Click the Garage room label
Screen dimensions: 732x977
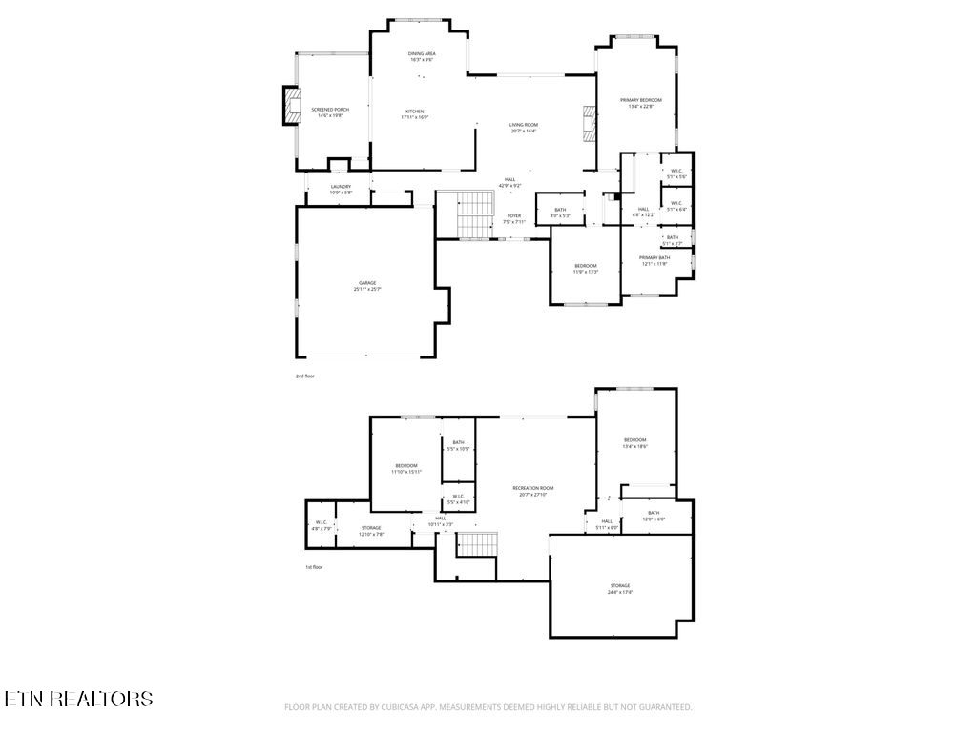point(367,285)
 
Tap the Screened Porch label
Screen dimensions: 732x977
point(330,112)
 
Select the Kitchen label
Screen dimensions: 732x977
point(415,114)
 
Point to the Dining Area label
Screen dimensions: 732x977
point(422,56)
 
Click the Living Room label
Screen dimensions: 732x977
point(523,128)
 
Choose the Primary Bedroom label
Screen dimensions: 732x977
point(640,103)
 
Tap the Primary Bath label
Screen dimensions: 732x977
point(655,260)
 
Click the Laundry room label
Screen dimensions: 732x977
point(341,189)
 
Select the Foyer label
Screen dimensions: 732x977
point(514,218)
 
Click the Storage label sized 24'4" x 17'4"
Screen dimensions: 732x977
point(620,588)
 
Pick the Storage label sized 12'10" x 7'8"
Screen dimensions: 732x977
point(371,530)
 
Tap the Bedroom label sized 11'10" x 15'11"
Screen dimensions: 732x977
point(406,468)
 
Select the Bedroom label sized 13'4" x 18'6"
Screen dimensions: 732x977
point(634,442)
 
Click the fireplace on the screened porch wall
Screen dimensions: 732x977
point(289,107)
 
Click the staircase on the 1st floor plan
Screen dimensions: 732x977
point(477,545)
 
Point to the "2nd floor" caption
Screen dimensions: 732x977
point(305,376)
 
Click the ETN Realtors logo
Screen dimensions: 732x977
point(77,699)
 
